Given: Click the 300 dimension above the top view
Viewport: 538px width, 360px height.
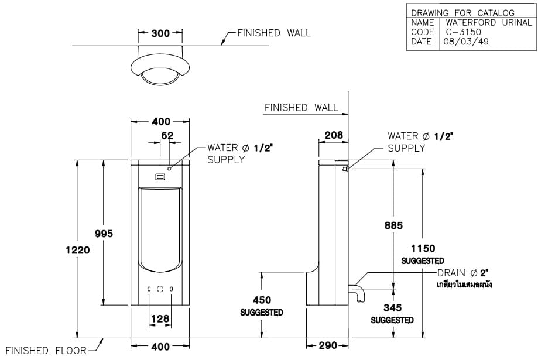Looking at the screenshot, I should point(160,33).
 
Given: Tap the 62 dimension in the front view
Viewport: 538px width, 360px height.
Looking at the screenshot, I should point(167,136).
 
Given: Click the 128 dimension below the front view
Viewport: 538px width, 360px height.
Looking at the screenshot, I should point(160,318).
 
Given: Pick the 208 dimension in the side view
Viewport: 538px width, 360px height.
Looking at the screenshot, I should point(333,136).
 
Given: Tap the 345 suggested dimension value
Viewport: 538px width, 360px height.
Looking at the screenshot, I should point(392,307).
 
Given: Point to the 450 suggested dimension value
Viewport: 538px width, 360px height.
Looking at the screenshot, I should point(261,300).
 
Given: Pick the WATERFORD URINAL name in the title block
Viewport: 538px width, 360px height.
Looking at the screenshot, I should point(485,23).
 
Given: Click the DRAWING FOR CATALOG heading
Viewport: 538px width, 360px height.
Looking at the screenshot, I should point(462,13).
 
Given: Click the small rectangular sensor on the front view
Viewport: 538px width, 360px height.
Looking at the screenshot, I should point(160,176).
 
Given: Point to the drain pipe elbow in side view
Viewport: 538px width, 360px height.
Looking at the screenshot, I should point(357,291).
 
